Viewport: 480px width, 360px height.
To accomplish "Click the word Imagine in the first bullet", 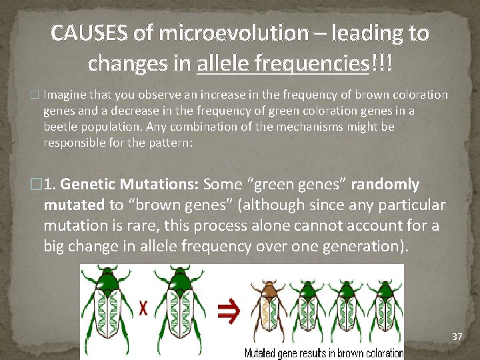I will (x=64, y=95).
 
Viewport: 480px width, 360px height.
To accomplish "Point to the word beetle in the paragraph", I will (x=61, y=127).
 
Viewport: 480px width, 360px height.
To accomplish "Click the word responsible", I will (x=75, y=143).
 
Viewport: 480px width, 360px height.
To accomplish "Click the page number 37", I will (x=457, y=337).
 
